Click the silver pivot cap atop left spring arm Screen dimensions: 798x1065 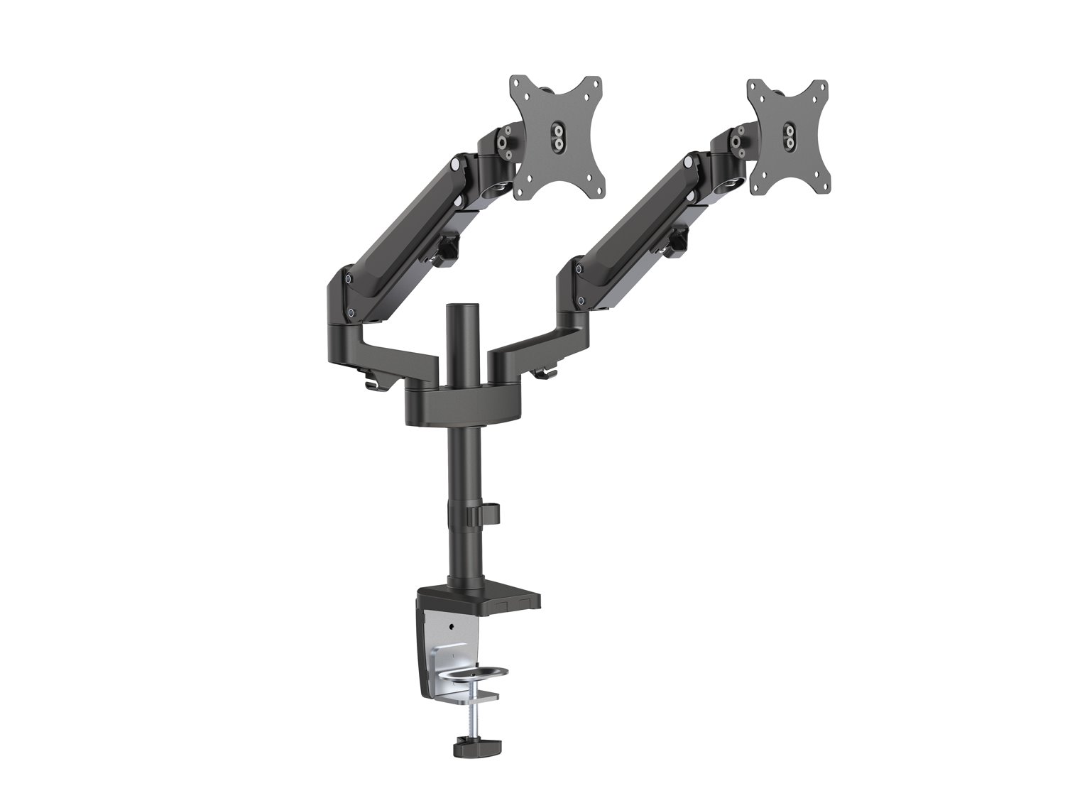[453, 166]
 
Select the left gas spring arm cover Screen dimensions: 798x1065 [398, 227]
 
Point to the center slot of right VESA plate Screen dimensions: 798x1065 [788, 135]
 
